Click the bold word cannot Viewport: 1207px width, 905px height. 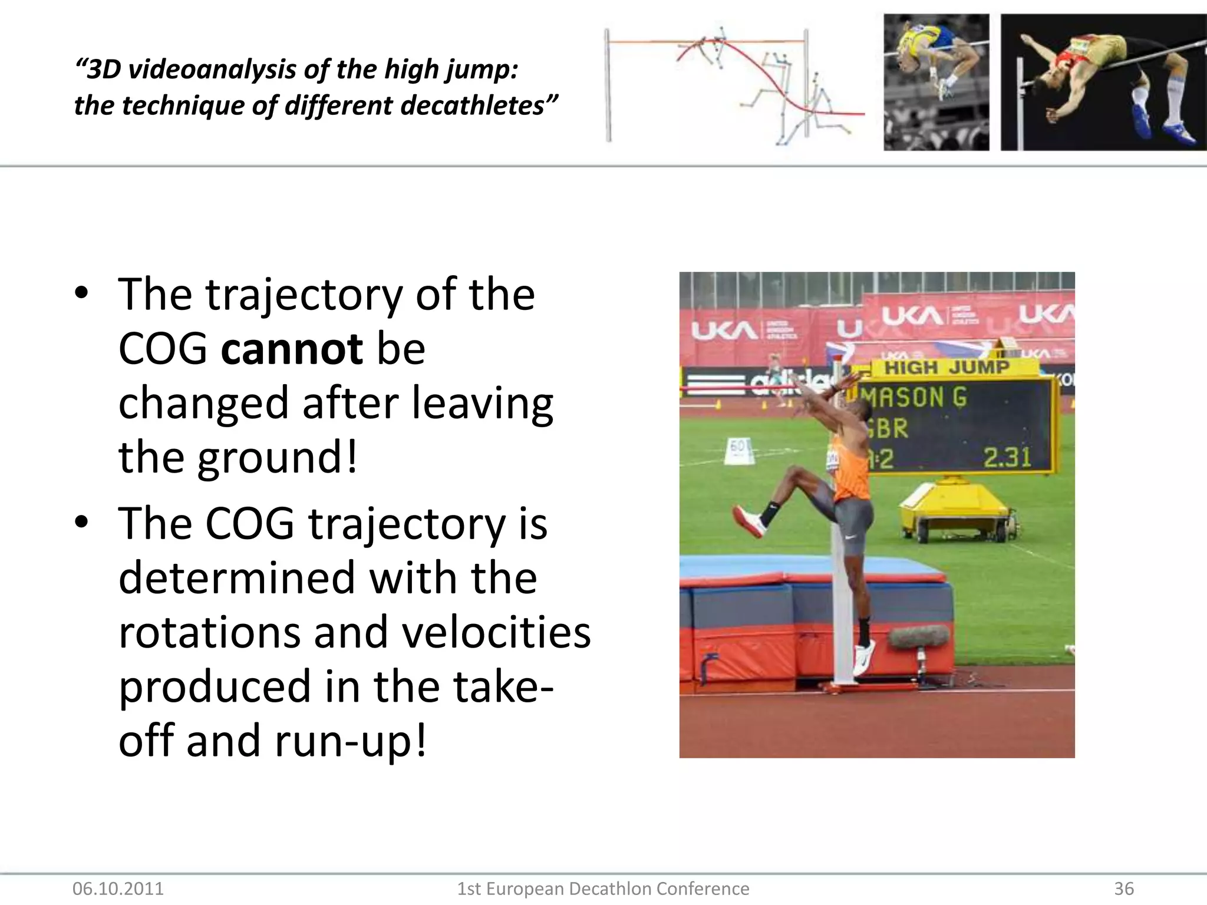292,349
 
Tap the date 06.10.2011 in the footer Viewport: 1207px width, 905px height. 118,889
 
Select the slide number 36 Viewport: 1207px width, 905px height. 1123,889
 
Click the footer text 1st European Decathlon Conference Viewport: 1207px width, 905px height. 603,889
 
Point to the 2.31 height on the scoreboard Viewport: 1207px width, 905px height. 1007,457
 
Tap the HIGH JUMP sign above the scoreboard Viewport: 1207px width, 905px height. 947,367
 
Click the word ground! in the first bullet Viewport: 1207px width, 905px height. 277,457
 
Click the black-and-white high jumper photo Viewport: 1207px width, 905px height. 936,82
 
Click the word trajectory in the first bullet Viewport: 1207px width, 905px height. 304,295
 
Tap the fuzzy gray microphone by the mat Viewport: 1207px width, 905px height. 917,637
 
